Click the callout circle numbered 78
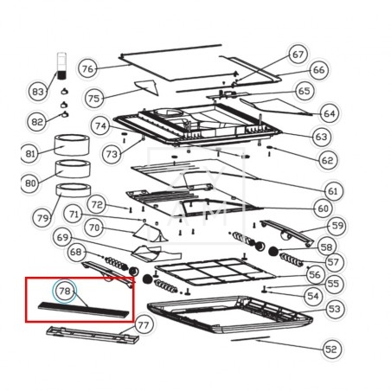coord(65,292)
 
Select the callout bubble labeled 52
coord(331,349)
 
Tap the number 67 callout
coord(298,54)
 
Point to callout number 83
coord(38,92)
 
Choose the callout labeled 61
coord(333,191)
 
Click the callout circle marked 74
coord(100,126)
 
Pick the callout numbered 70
coord(94,228)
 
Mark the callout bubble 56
coord(315,274)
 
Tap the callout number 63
coord(322,137)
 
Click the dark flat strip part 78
coord(84,311)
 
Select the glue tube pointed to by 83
coord(61,66)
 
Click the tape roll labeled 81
coord(72,144)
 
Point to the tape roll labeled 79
coord(74,190)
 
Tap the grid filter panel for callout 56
coord(215,272)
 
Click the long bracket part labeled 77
coord(93,336)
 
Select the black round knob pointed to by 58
coord(272,251)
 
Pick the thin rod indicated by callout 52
coord(250,338)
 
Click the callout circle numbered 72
coord(97,204)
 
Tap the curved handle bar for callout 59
coord(286,234)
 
